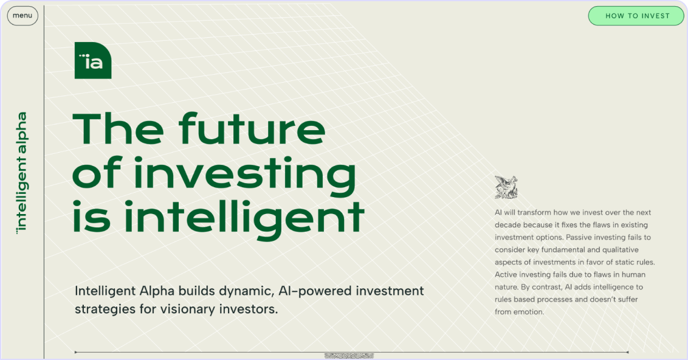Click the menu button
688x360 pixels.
(22, 16)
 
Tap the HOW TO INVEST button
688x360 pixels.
(636, 16)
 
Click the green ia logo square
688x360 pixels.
(93, 61)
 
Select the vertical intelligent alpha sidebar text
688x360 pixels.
(21, 173)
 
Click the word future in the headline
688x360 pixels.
(252, 129)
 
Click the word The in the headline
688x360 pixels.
(118, 129)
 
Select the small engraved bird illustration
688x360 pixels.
(506, 187)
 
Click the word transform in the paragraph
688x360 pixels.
(534, 212)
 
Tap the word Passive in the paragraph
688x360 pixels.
(579, 237)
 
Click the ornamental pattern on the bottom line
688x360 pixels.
(349, 356)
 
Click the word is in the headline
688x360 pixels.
(91, 217)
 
